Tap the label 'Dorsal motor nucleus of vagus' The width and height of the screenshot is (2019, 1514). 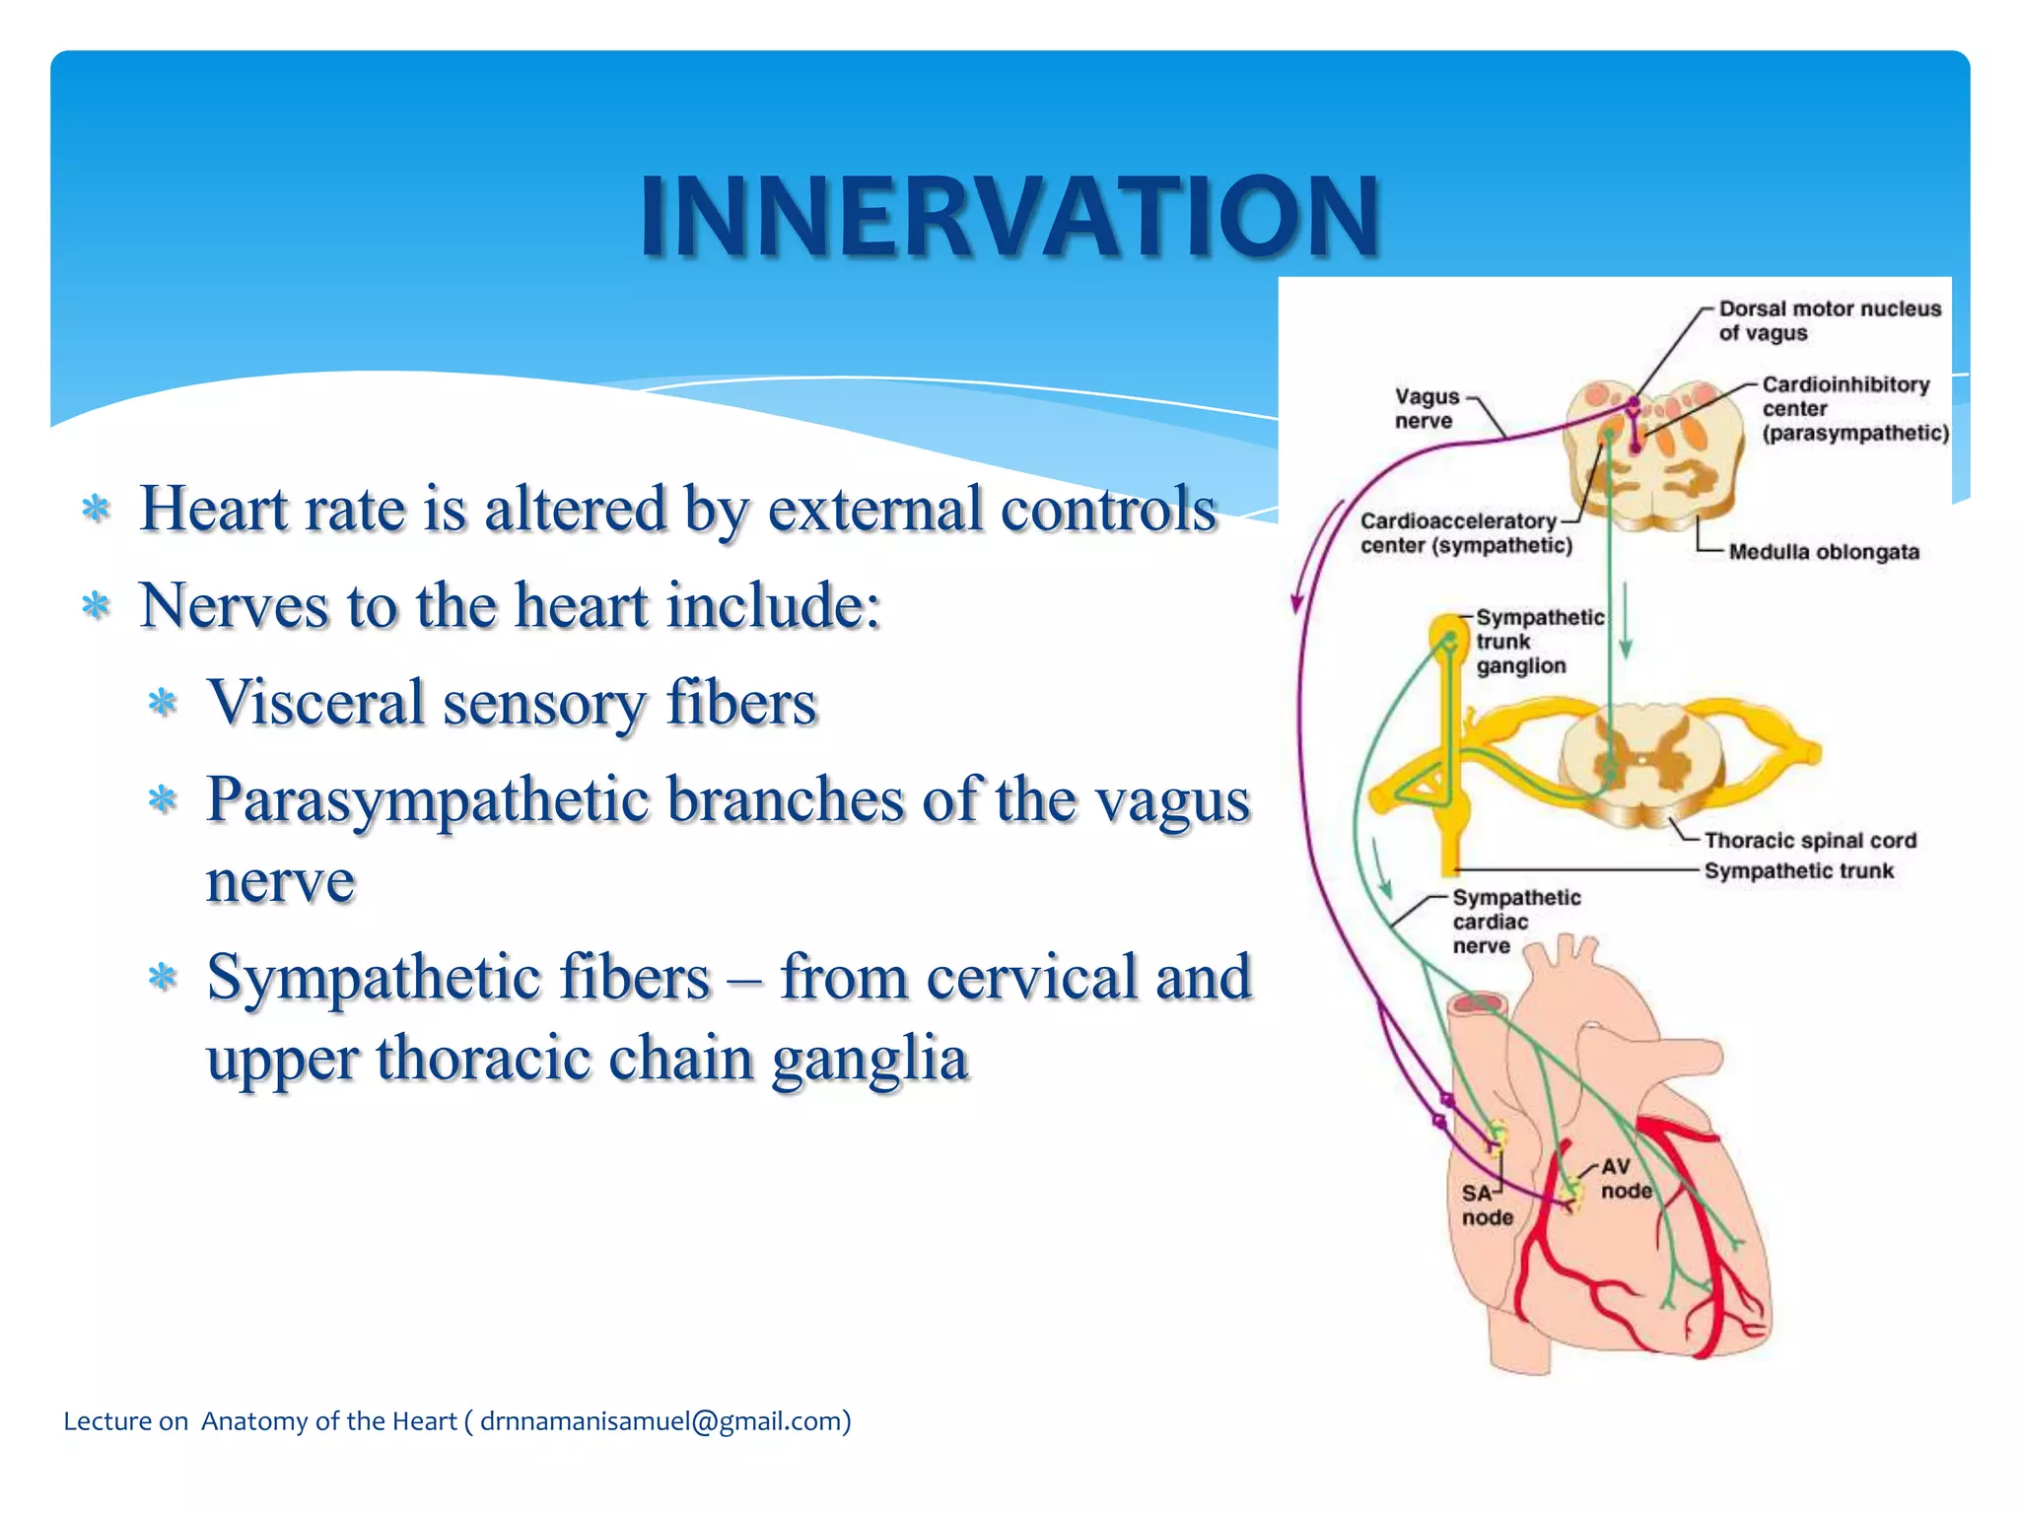[1829, 321]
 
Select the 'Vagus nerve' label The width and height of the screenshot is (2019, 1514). [1426, 408]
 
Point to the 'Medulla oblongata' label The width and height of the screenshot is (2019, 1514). [1824, 552]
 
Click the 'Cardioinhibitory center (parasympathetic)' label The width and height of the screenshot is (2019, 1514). [1853, 409]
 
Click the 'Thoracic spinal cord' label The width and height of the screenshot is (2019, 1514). [1810, 841]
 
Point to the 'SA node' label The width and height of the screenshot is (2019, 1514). [1486, 1205]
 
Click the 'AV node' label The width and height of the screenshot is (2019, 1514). [1625, 1179]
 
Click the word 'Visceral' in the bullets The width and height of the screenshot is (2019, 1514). [314, 704]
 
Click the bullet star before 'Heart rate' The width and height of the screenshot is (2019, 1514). [96, 509]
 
